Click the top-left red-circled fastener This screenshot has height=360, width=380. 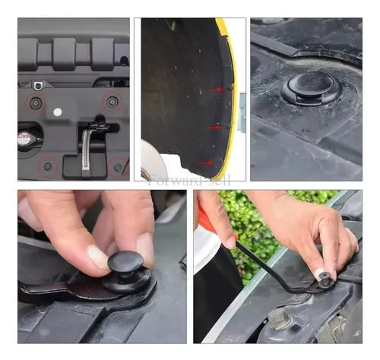pos(36,103)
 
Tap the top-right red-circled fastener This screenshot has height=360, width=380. pos(112,102)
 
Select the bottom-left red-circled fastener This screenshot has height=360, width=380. pos(48,166)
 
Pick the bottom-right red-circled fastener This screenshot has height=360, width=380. pos(118,167)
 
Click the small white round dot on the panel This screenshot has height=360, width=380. pos(58,112)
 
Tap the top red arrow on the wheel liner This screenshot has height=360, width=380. pos(215,90)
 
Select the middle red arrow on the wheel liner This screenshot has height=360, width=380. pos(213,128)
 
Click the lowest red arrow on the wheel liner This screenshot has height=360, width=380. pos(204,163)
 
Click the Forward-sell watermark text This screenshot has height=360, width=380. pos(188,181)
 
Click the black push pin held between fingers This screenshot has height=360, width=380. pos(128,272)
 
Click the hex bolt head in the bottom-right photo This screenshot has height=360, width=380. pos(280,318)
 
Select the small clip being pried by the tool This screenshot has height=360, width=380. pos(325,280)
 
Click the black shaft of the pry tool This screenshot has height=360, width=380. pos(268,268)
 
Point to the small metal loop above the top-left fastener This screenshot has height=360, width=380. pos(37,85)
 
